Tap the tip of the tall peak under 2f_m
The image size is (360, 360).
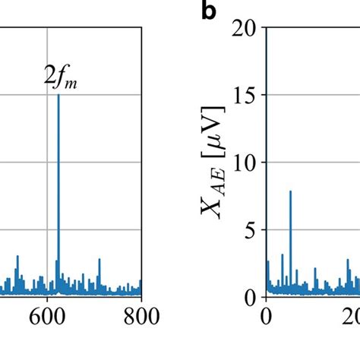click(x=58, y=95)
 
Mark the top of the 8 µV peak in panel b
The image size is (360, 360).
click(x=290, y=191)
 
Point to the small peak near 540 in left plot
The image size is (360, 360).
click(x=17, y=257)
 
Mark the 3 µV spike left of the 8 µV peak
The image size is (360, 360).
click(x=282, y=254)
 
